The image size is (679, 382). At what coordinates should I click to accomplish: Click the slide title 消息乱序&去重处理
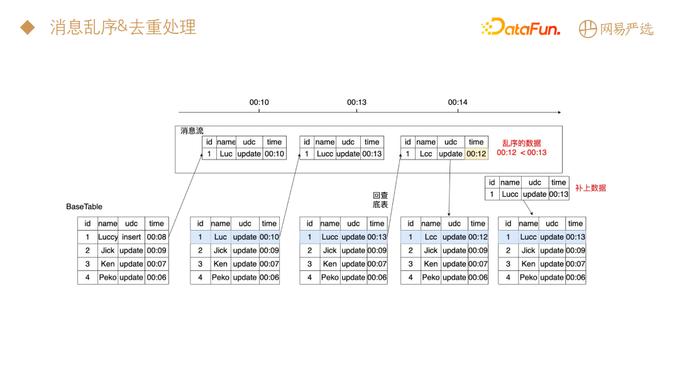pos(123,27)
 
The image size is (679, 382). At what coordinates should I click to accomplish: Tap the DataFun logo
pos(520,28)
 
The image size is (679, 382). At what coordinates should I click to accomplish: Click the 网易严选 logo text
pos(616,29)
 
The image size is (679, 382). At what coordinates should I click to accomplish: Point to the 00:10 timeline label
pos(259,102)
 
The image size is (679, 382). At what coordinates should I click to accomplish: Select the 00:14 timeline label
pos(458,102)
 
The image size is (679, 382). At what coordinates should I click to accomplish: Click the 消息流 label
pos(192,131)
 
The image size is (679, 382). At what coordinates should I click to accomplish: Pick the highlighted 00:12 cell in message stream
pos(477,154)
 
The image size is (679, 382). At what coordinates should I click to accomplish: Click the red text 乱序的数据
pos(521,143)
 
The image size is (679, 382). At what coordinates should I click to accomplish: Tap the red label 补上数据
pos(591,188)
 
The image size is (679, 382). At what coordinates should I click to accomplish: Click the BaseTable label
pos(84,207)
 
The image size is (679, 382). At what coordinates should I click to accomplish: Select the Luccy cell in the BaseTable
pos(108,237)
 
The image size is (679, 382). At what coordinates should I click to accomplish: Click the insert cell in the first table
pos(131,237)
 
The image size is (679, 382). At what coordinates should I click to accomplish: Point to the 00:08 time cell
pos(157,237)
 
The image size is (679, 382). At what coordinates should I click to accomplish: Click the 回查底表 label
pos(381,200)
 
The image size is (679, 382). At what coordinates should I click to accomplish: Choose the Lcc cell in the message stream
pos(426,154)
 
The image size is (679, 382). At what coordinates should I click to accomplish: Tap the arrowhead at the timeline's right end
pos(558,112)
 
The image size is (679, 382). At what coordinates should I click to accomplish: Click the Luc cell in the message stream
pos(226,154)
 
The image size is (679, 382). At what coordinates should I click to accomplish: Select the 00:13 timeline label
pos(356,102)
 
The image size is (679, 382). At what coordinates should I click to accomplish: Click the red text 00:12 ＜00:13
pos(522,153)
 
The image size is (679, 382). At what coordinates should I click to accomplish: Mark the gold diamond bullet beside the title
pos(26,27)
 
